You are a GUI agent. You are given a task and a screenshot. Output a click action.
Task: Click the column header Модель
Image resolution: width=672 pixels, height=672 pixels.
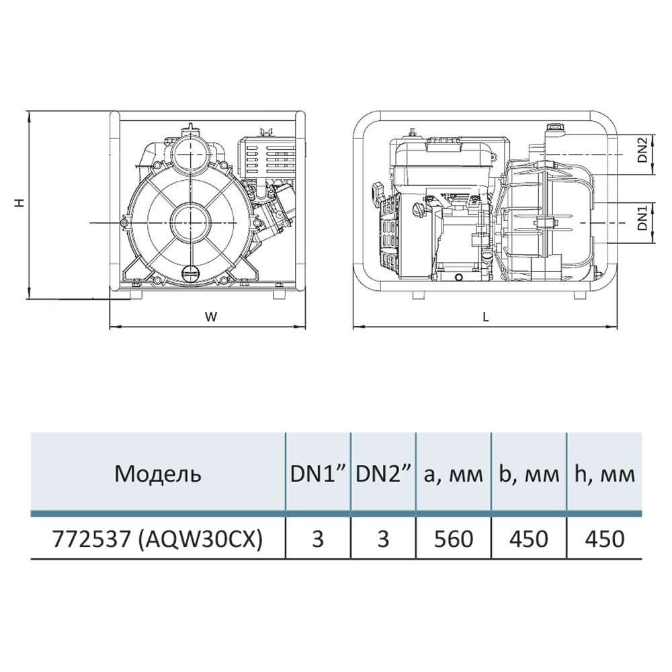click(157, 474)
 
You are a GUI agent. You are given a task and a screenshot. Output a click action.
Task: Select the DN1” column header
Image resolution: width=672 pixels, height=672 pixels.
click(318, 474)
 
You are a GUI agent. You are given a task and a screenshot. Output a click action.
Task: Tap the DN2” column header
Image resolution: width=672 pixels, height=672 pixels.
click(383, 474)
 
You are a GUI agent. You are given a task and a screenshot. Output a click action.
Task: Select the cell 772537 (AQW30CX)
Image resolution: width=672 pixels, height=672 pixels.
click(157, 538)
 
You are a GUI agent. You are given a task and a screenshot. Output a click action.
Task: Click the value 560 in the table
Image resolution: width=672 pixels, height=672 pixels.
click(454, 538)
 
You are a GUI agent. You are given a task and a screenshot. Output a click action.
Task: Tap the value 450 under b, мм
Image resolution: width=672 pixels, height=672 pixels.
click(530, 538)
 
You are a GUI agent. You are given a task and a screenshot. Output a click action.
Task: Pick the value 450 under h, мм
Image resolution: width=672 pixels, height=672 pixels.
click(604, 538)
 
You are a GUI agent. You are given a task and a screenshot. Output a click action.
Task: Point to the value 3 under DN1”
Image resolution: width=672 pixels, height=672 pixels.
click(318, 538)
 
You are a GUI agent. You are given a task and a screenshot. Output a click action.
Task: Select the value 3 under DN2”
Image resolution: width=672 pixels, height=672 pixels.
click(383, 538)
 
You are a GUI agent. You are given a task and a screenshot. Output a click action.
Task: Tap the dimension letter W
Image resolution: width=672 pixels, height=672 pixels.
click(211, 317)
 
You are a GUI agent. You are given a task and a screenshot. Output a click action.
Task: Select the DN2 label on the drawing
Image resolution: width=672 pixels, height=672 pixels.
click(642, 150)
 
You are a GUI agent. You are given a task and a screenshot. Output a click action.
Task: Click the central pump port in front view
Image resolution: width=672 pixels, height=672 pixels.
click(190, 221)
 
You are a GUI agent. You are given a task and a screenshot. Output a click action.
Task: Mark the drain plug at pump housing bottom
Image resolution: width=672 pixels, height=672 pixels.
click(191, 272)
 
